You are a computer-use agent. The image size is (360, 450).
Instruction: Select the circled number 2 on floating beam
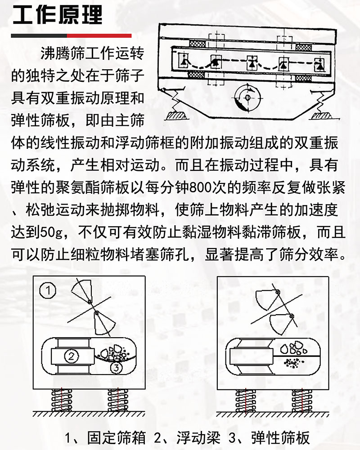(x=71, y=356)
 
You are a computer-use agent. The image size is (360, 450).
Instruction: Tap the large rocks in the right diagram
(x=295, y=348)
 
